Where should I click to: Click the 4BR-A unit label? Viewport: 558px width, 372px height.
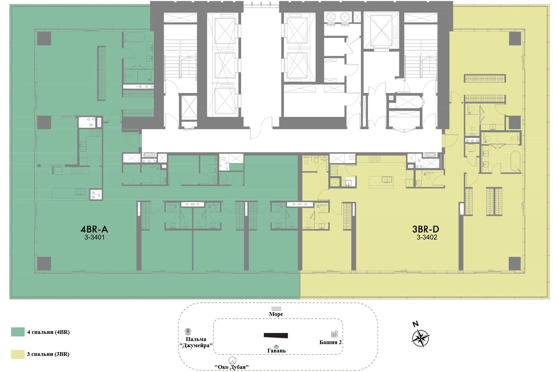click(94, 229)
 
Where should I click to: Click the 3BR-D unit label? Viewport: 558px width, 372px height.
click(426, 229)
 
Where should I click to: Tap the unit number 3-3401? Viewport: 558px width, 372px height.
click(94, 238)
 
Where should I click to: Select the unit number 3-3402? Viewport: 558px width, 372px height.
click(427, 238)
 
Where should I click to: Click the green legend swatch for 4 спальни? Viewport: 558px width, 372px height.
click(18, 332)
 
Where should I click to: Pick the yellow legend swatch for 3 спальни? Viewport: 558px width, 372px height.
click(18, 354)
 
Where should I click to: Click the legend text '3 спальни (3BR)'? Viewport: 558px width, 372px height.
click(48, 354)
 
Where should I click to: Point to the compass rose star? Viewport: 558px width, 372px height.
click(420, 338)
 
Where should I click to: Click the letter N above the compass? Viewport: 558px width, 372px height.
click(415, 325)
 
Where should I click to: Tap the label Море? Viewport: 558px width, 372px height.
click(276, 314)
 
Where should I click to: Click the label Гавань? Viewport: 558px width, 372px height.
click(277, 351)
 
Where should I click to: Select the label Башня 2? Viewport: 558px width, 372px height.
click(330, 342)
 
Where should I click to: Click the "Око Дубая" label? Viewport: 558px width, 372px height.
click(232, 367)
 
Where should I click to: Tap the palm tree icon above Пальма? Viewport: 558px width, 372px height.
click(188, 332)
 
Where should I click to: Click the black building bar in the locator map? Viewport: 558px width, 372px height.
click(276, 335)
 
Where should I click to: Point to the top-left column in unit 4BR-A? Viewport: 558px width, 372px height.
click(44, 38)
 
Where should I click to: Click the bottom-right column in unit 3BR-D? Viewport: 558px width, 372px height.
click(515, 263)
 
